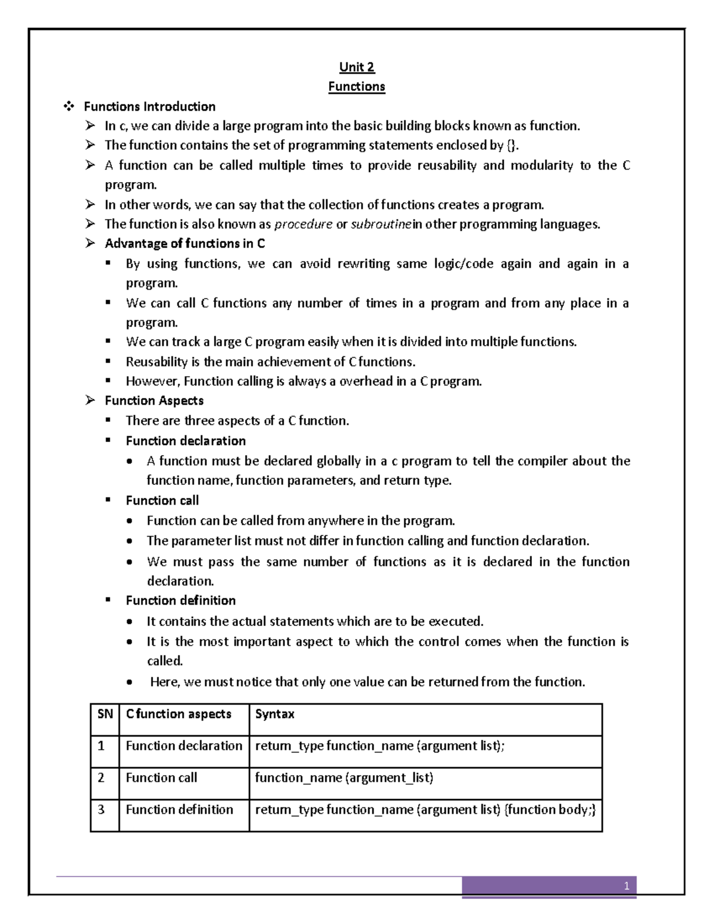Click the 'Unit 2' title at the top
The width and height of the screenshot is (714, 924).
(356, 67)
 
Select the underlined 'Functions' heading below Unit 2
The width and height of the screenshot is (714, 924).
(356, 86)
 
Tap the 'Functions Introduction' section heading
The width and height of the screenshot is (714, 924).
(149, 107)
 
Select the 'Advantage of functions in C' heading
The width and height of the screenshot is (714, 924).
(184, 243)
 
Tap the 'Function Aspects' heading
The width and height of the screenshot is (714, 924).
(154, 400)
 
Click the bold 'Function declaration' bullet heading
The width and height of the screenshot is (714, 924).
(186, 441)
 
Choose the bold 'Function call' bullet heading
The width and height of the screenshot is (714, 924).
(162, 500)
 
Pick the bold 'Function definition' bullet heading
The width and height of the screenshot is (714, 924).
(180, 600)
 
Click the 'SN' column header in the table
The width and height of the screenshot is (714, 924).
(105, 714)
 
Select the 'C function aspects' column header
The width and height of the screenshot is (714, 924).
(178, 714)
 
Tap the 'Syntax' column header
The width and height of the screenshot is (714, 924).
(274, 714)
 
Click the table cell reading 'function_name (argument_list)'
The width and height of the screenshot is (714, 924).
(344, 778)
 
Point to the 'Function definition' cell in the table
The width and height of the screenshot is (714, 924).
(179, 809)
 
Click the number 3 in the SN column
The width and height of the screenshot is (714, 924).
(101, 809)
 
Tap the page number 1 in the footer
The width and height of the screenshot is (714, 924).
(626, 887)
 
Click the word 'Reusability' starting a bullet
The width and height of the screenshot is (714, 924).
(156, 362)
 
